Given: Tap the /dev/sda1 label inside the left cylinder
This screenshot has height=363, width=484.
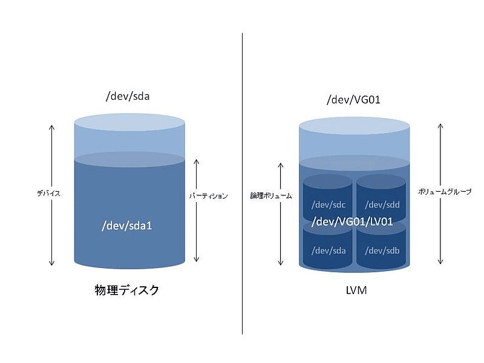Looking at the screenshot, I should coord(128,226).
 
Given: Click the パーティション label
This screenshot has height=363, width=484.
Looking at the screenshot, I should coord(208,196).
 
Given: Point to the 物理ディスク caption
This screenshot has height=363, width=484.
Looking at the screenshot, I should coord(128,290).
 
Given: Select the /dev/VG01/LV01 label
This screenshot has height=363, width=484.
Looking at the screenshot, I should coord(353,222).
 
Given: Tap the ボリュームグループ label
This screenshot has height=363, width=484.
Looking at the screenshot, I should coord(445,191).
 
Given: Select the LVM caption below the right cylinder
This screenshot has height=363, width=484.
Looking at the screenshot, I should coord(355,291).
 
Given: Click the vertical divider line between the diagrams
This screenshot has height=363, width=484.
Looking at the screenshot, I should coord(242,181).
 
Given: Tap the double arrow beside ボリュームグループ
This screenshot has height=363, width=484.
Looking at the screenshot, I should coord(440,194).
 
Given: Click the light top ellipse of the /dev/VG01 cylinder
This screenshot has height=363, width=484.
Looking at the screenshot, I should coord(354,128).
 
